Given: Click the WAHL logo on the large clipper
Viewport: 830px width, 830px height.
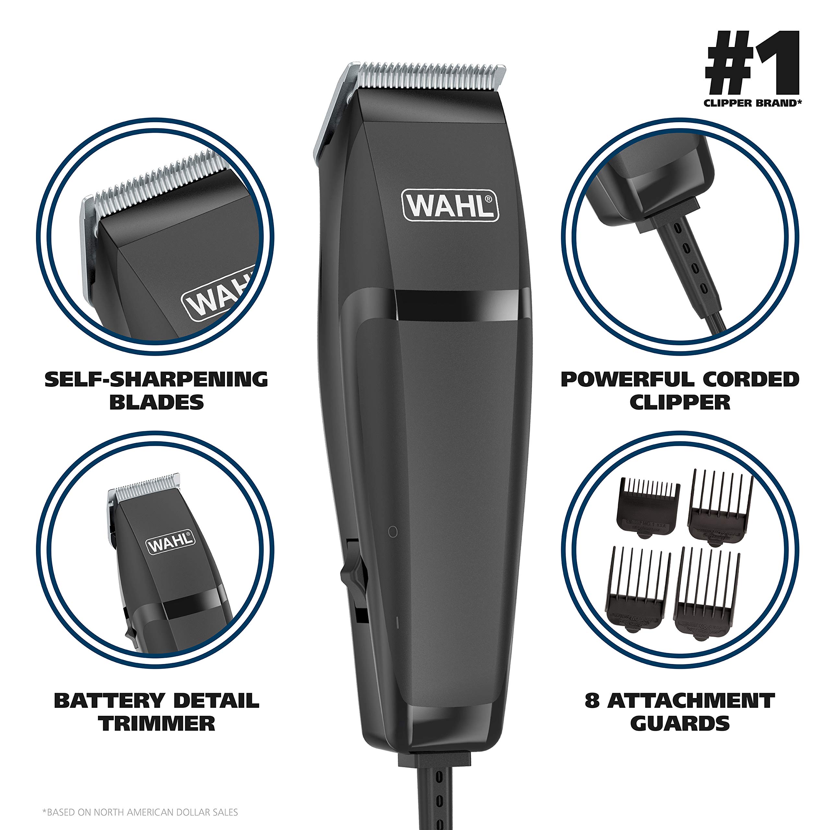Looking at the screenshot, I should coord(450,206).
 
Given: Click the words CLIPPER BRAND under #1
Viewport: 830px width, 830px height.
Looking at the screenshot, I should coord(752,103).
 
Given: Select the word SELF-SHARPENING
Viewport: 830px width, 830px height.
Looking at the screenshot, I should coord(156,379).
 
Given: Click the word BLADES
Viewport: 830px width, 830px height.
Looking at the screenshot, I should coord(156,403).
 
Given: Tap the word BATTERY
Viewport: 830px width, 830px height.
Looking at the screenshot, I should coord(110,701).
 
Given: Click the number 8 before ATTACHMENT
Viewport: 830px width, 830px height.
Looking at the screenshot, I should coord(592,701).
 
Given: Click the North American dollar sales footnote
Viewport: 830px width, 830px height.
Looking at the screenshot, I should coord(140,812).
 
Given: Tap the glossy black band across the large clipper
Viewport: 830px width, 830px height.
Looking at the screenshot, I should coord(457,305).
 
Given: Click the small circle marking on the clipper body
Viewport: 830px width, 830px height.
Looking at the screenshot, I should coord(393,532).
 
